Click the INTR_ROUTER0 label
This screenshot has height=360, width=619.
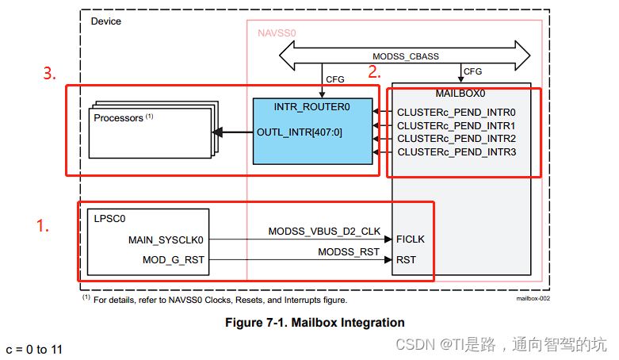(x=311, y=105)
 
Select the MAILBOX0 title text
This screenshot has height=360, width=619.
(x=460, y=93)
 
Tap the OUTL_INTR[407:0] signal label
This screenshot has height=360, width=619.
(x=299, y=132)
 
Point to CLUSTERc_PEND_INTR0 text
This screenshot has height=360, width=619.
(x=457, y=113)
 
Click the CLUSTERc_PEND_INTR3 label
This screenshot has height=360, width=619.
(x=457, y=151)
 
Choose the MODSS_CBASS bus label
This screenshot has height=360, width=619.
(x=405, y=56)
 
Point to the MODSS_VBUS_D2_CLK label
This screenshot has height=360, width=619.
(x=324, y=231)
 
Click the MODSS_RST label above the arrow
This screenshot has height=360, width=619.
(x=349, y=251)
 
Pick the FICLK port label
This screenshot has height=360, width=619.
(x=411, y=239)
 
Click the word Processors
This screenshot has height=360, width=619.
(x=119, y=118)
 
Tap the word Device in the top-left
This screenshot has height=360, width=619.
(x=106, y=21)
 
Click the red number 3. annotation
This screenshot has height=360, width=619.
(x=50, y=74)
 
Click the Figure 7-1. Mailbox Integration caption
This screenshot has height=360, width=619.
(x=315, y=323)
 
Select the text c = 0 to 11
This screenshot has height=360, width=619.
(x=36, y=350)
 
